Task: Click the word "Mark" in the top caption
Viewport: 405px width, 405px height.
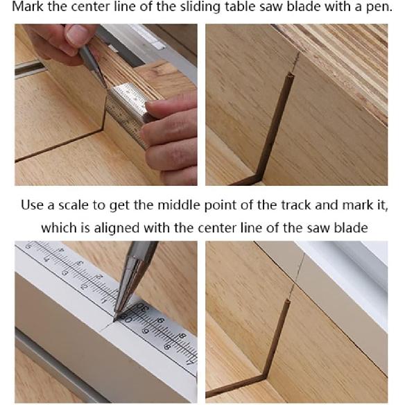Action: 28,9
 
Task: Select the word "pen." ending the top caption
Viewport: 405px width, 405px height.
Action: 381,9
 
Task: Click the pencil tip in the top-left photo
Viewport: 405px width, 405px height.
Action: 105,88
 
